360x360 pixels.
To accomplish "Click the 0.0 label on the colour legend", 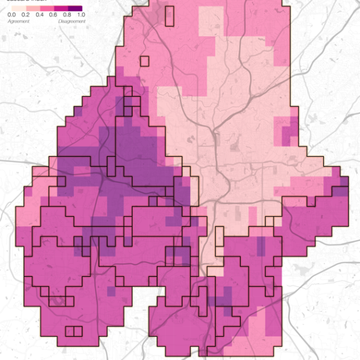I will (x=11, y=14).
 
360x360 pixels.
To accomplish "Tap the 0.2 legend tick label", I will (x=25, y=14).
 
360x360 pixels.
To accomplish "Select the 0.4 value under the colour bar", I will (x=39, y=14).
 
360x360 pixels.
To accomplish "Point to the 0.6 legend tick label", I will (x=53, y=14).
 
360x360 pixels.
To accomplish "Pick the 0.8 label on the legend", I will (x=66, y=14).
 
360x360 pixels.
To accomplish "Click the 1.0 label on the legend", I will (x=80, y=14).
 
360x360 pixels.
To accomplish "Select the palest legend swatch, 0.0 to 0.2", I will (x=14, y=7).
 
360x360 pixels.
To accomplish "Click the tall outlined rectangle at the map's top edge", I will (x=169, y=16).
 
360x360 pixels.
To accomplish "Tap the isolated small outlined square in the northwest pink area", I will (x=145, y=61).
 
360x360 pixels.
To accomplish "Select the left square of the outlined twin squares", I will (x=70, y=331).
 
